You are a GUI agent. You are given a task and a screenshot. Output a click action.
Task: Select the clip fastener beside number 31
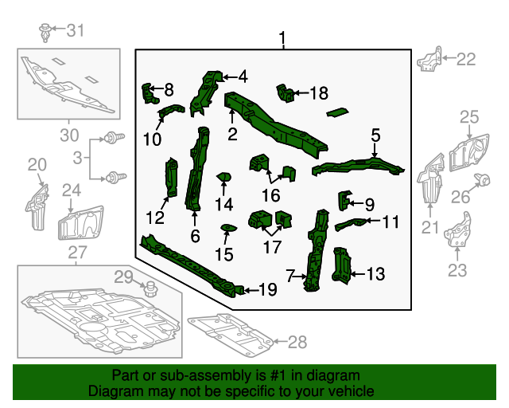click(45, 32)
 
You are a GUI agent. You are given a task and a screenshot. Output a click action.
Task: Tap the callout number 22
click(465, 58)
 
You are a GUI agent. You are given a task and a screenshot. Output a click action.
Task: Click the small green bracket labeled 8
click(148, 93)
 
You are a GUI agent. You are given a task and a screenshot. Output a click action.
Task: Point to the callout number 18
click(317, 94)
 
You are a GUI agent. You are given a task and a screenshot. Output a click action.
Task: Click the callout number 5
click(375, 135)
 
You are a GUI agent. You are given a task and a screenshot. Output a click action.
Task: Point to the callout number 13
click(375, 275)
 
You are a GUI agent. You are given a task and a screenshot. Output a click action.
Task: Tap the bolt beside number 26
click(481, 179)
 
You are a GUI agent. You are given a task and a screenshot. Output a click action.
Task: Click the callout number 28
click(296, 343)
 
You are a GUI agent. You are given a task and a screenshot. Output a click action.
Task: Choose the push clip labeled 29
click(148, 286)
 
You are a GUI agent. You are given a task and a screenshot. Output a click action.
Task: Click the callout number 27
click(76, 253)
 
